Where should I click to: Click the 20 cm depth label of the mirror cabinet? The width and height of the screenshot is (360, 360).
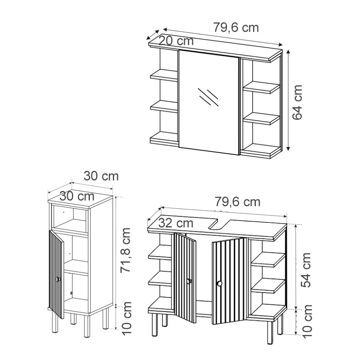[176, 41]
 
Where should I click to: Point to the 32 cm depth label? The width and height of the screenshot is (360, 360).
[176, 223]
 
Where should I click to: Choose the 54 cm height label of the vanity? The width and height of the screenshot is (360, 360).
[305, 270]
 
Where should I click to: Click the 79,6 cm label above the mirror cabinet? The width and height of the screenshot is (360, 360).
[236, 27]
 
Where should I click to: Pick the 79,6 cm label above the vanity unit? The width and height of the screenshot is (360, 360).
[237, 202]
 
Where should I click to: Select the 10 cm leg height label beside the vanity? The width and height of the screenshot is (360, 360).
[307, 321]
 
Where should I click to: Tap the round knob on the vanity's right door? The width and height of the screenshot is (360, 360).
[219, 284]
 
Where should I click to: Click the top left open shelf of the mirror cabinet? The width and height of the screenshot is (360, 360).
[164, 75]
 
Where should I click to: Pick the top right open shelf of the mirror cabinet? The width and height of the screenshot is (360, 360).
[261, 87]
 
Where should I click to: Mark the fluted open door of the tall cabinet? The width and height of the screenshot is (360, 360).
[56, 274]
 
